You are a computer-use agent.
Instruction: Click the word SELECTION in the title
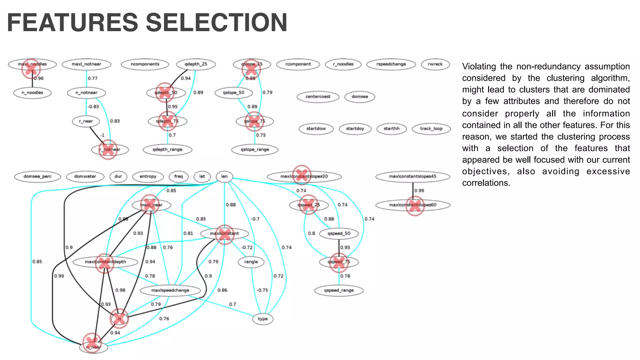coord(216,22)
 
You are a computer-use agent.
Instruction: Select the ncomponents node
coord(145,64)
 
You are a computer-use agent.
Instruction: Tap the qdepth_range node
coord(167,149)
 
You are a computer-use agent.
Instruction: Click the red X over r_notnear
coord(108,149)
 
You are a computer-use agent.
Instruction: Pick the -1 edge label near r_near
coord(102,135)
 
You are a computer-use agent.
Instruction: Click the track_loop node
coord(431,128)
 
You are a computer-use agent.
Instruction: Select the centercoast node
coord(318,97)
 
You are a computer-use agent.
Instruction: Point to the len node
coord(224,176)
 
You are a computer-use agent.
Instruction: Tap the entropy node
coord(148,176)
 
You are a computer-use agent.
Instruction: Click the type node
coord(262,319)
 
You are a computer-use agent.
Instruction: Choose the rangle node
coord(251,262)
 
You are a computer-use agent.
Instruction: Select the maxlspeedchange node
coord(170,290)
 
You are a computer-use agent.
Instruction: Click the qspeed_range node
coord(339,290)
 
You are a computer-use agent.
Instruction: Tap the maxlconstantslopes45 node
coord(412,176)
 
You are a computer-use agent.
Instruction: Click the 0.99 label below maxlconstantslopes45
coord(419,190)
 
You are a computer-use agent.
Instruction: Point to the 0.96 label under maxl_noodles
coord(39,78)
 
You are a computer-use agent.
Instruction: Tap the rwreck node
coord(435,64)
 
